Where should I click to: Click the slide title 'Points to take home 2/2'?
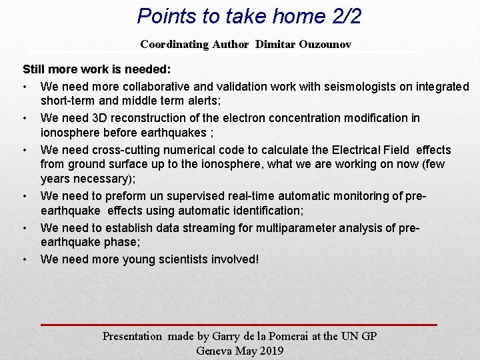tap(249, 15)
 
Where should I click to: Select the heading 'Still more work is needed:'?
tap(97, 69)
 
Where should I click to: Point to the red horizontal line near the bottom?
tap(239, 324)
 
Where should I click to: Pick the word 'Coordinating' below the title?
tap(175, 45)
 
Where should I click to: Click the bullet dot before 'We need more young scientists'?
tap(24, 259)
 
